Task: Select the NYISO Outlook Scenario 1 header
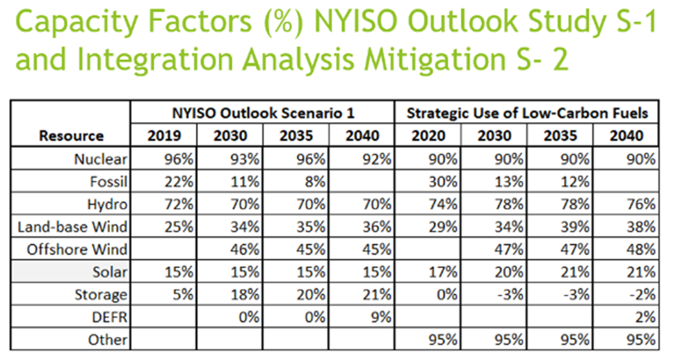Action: point(263,113)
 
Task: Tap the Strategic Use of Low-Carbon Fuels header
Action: point(527,113)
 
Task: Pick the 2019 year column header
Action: point(164,136)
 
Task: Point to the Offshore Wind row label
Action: point(76,249)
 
